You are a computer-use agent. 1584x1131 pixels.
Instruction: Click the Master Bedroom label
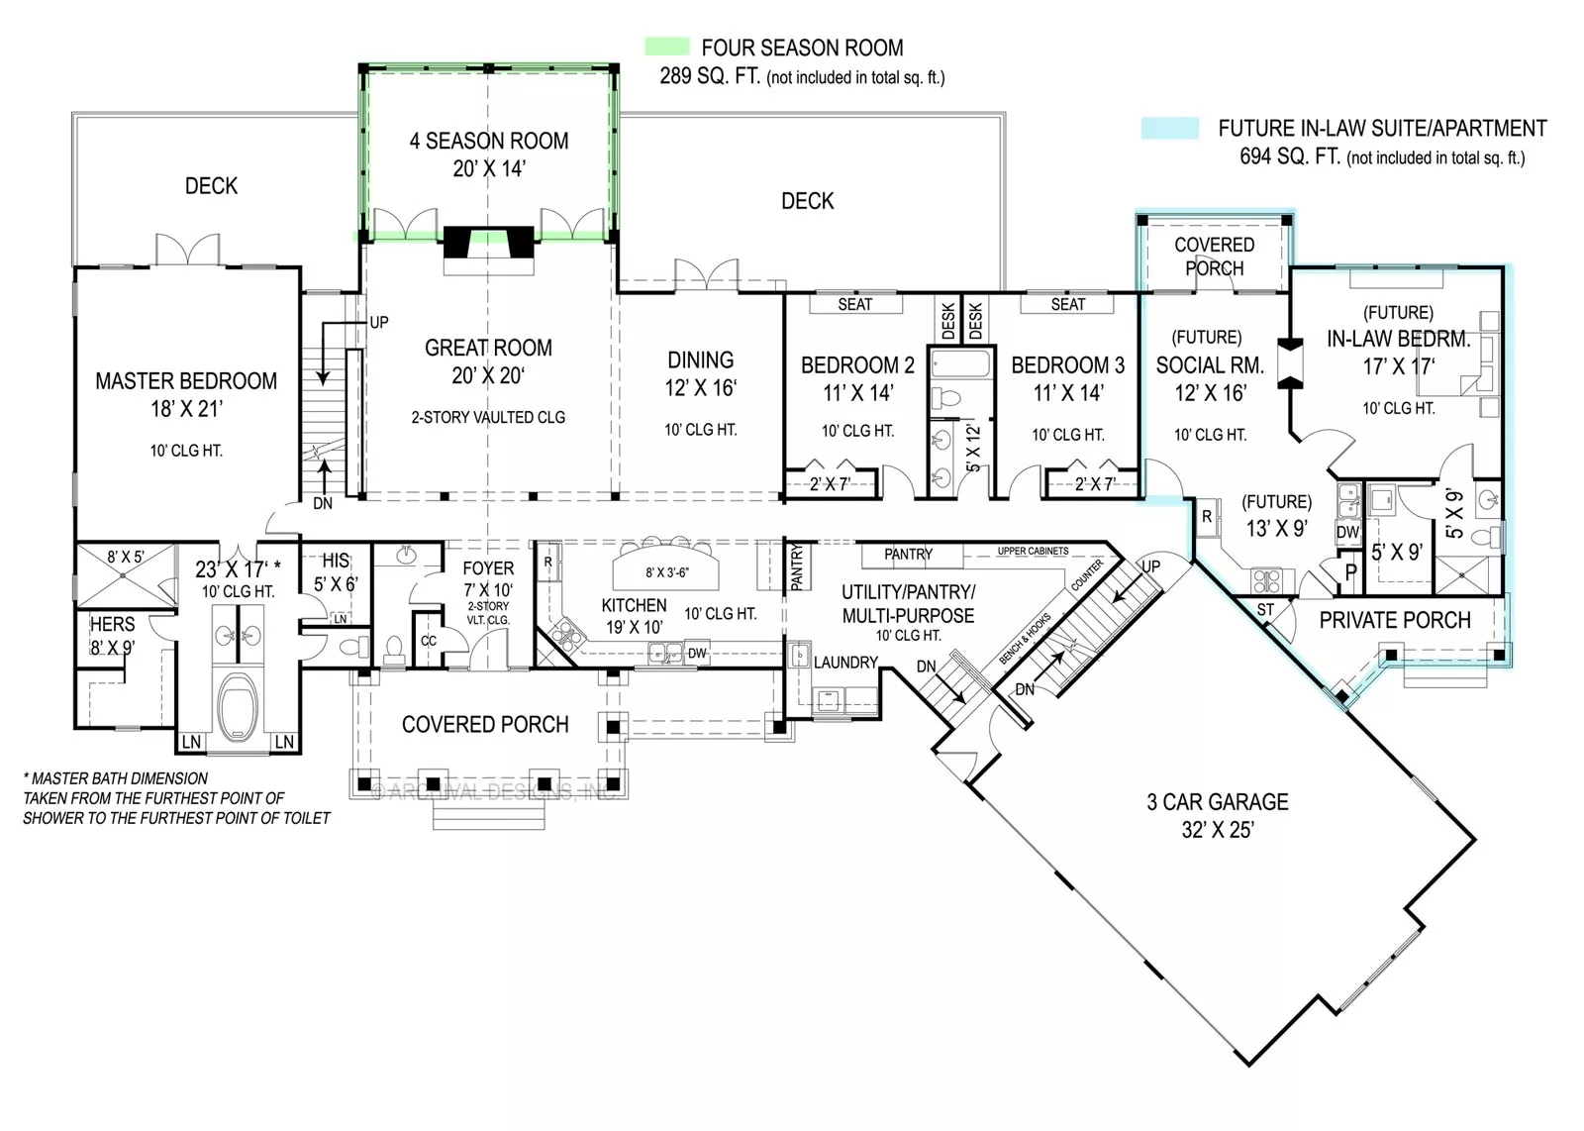[186, 381]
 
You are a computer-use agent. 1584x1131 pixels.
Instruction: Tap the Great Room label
[488, 349]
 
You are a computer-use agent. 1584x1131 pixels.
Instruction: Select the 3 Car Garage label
[1218, 802]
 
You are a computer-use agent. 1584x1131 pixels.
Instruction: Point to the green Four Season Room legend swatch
[666, 47]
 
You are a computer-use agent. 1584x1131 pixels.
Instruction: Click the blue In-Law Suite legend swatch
[1169, 129]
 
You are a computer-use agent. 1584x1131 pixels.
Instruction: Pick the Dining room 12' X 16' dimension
[700, 388]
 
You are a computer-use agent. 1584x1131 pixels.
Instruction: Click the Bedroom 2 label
[857, 365]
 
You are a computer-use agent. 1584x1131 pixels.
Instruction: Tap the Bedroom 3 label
[1067, 365]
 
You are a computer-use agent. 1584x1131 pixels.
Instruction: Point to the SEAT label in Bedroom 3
[1067, 305]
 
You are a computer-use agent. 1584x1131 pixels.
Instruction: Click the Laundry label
[845, 663]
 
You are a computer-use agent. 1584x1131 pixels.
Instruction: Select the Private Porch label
[1394, 621]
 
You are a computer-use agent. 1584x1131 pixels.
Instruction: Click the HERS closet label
[112, 625]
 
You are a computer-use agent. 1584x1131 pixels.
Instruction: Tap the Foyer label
[488, 568]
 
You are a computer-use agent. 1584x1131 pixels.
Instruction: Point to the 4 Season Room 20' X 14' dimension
[488, 169]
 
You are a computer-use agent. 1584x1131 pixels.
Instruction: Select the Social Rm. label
[1210, 365]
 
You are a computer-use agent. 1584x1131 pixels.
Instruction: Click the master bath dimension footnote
[176, 798]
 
